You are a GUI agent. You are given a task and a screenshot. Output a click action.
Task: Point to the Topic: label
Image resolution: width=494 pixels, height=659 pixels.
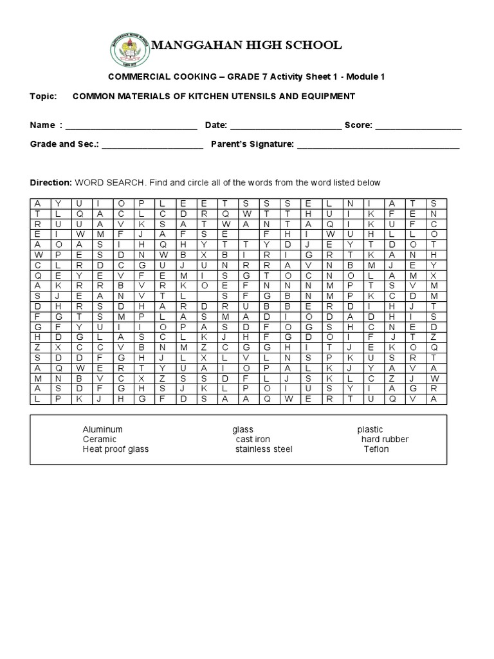point(44,96)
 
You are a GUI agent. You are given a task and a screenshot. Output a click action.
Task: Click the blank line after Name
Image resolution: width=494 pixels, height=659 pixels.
point(131,126)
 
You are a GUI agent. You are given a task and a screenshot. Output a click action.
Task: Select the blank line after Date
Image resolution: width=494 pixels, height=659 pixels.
point(286,126)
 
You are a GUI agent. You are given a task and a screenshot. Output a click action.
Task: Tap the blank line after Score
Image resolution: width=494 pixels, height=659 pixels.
point(418,126)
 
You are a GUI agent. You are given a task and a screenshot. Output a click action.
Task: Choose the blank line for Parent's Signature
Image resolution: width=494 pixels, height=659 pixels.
point(378,145)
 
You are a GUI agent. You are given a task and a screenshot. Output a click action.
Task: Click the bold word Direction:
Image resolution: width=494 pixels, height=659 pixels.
point(51,183)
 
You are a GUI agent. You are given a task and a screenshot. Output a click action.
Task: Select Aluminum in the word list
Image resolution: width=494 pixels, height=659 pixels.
point(102,429)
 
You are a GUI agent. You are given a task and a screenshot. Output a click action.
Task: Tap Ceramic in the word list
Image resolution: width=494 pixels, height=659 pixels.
point(99,439)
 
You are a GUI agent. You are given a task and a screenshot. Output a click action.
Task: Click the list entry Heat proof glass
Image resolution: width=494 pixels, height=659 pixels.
point(115,449)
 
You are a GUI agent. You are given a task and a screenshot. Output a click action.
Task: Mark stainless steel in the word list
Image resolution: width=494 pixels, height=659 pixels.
point(263,449)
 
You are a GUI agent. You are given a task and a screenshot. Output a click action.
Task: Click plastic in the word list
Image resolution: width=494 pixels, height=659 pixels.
point(370,429)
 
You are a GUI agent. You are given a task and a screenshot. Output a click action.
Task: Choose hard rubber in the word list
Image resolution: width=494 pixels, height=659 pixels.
point(385,439)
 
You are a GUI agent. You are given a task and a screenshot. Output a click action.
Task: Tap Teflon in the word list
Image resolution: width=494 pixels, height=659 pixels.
point(376,449)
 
